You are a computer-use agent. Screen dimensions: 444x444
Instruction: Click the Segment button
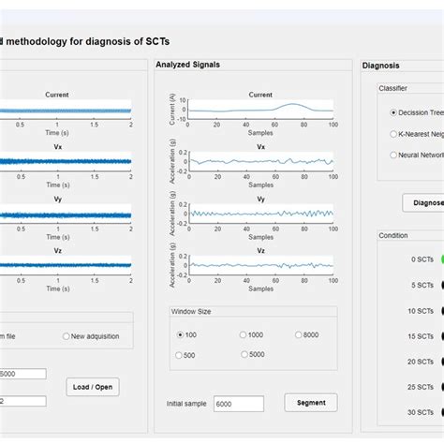tap(310, 403)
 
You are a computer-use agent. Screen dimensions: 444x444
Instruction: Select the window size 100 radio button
tap(181, 334)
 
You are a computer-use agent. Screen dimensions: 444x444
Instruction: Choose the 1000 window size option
tap(244, 334)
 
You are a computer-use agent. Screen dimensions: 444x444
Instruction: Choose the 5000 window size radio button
tap(244, 355)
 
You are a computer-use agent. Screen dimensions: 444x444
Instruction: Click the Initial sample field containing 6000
tap(236, 404)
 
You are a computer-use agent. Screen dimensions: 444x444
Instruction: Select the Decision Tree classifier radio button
tap(392, 111)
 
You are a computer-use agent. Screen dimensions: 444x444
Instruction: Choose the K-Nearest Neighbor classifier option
tap(392, 134)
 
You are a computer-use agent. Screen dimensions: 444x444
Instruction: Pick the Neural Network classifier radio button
tap(392, 155)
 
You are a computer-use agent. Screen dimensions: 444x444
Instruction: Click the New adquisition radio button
tap(67, 336)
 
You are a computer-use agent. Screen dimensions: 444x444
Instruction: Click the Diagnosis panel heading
tap(380, 66)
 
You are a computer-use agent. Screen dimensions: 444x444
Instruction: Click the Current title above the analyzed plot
tap(260, 95)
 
